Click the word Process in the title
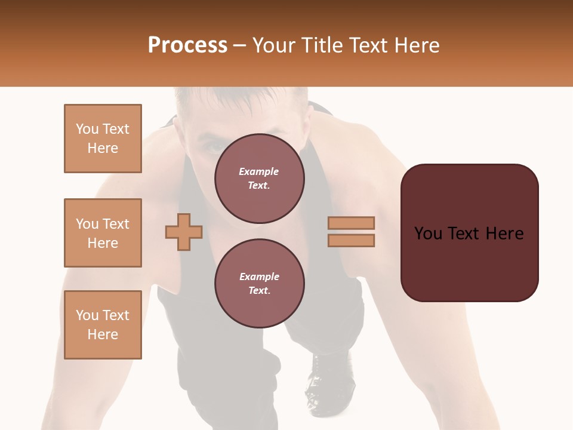pos(187,45)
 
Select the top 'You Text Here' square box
pos(103,139)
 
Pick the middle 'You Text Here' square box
pos(103,233)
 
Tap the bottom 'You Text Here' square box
pos(103,325)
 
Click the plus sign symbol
pos(184,231)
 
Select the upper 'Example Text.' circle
pos(259,179)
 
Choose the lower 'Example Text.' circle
pos(259,284)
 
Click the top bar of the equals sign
pos(351,223)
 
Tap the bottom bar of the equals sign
pos(351,240)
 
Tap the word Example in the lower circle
pos(259,277)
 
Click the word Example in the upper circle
pos(259,171)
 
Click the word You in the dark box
pos(428,233)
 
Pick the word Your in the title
pos(273,45)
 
